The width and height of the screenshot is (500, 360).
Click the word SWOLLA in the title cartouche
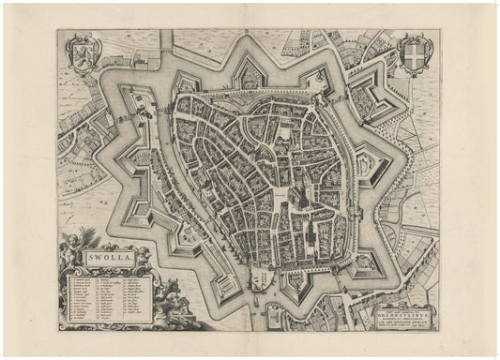[111, 257]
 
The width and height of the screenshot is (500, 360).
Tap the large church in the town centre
[294, 198]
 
